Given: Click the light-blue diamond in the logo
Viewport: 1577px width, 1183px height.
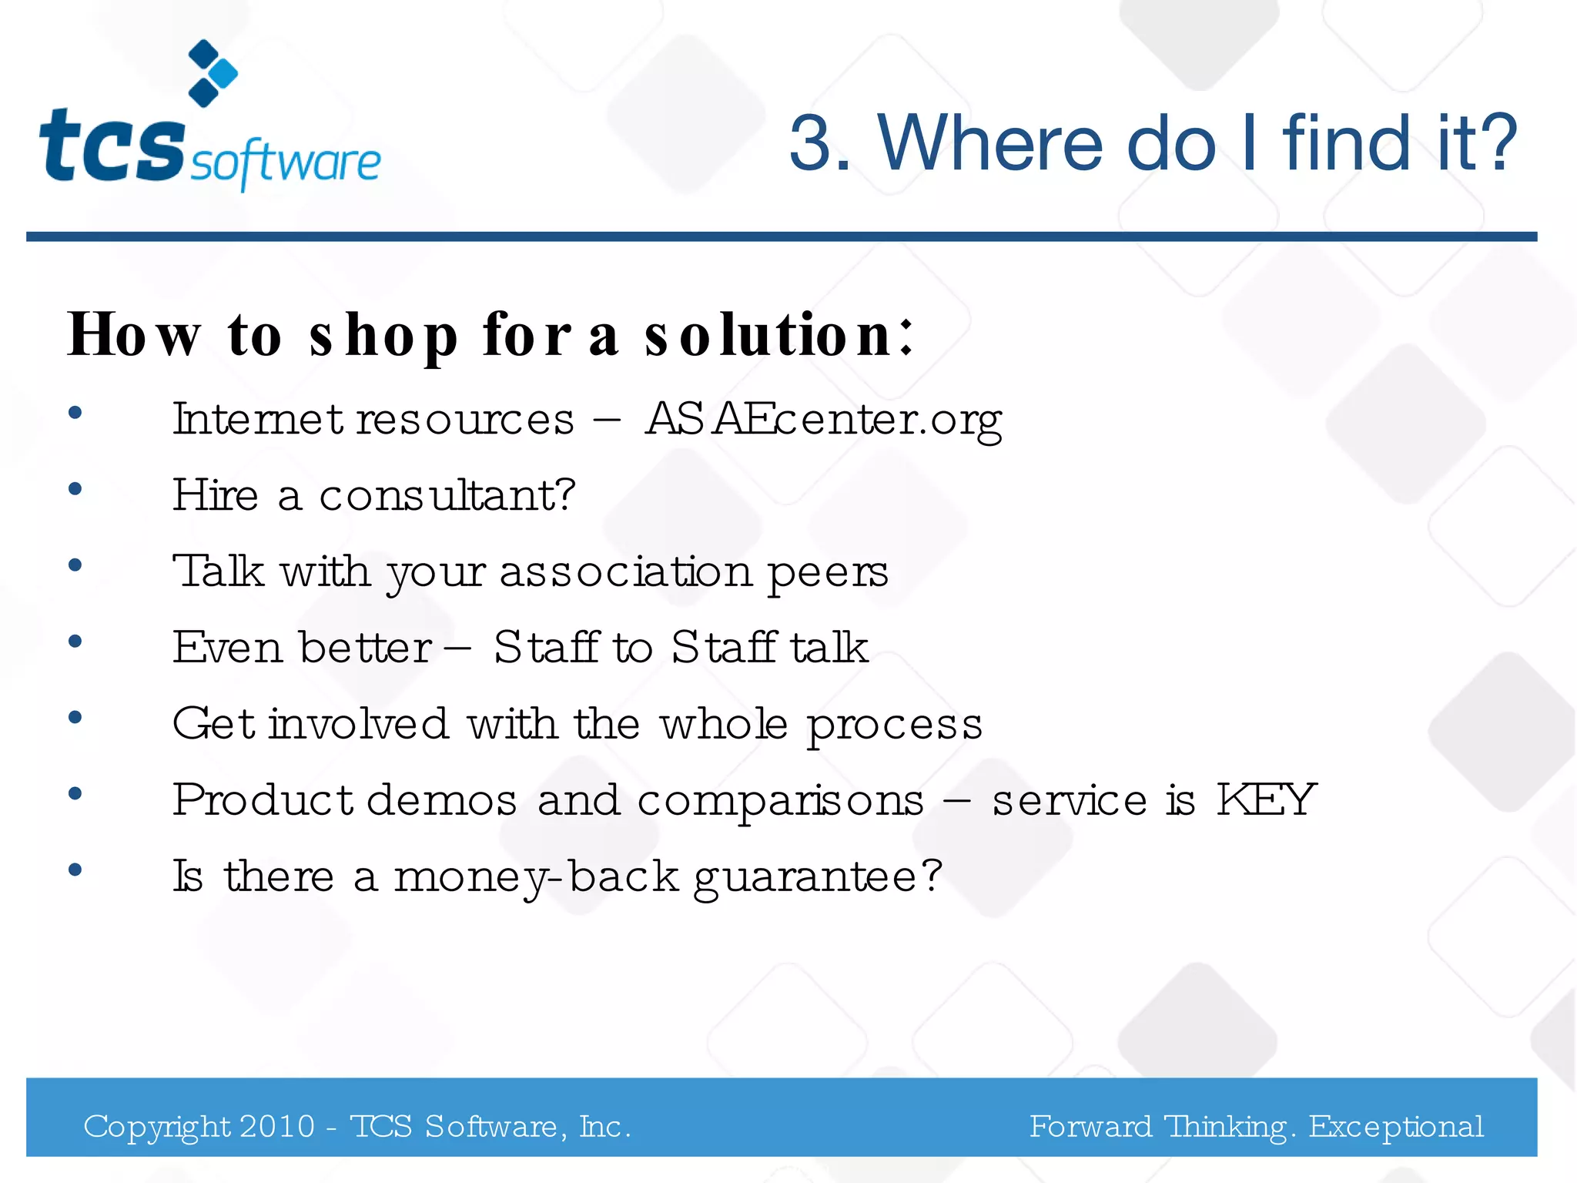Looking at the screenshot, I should tap(224, 74).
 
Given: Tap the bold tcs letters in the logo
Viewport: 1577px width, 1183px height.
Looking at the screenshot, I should tap(112, 146).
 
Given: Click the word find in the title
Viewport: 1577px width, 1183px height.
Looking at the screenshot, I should tap(1348, 143).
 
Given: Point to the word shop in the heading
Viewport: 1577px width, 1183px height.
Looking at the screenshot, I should tap(383, 336).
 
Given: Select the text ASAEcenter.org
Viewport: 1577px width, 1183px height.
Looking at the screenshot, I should tap(823, 420).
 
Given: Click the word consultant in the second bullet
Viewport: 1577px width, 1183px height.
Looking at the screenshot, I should tap(447, 495).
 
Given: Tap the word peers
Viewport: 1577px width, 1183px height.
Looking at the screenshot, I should tap(828, 572).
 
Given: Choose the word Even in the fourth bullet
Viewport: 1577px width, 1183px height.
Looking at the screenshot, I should tap(227, 647).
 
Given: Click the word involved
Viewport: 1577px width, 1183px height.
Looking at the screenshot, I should tap(358, 724).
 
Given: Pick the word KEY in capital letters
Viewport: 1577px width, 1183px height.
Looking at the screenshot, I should tap(1266, 799).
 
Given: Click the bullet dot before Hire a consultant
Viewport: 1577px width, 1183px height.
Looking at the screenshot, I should tap(75, 489).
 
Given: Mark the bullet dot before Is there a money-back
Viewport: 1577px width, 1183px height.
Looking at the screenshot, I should tap(75, 870).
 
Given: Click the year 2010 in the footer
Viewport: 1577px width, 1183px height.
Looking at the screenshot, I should tap(276, 1127).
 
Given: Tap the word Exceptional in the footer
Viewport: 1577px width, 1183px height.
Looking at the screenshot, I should tap(1396, 1127).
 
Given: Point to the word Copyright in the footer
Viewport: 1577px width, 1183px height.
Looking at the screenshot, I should tap(157, 1128).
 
